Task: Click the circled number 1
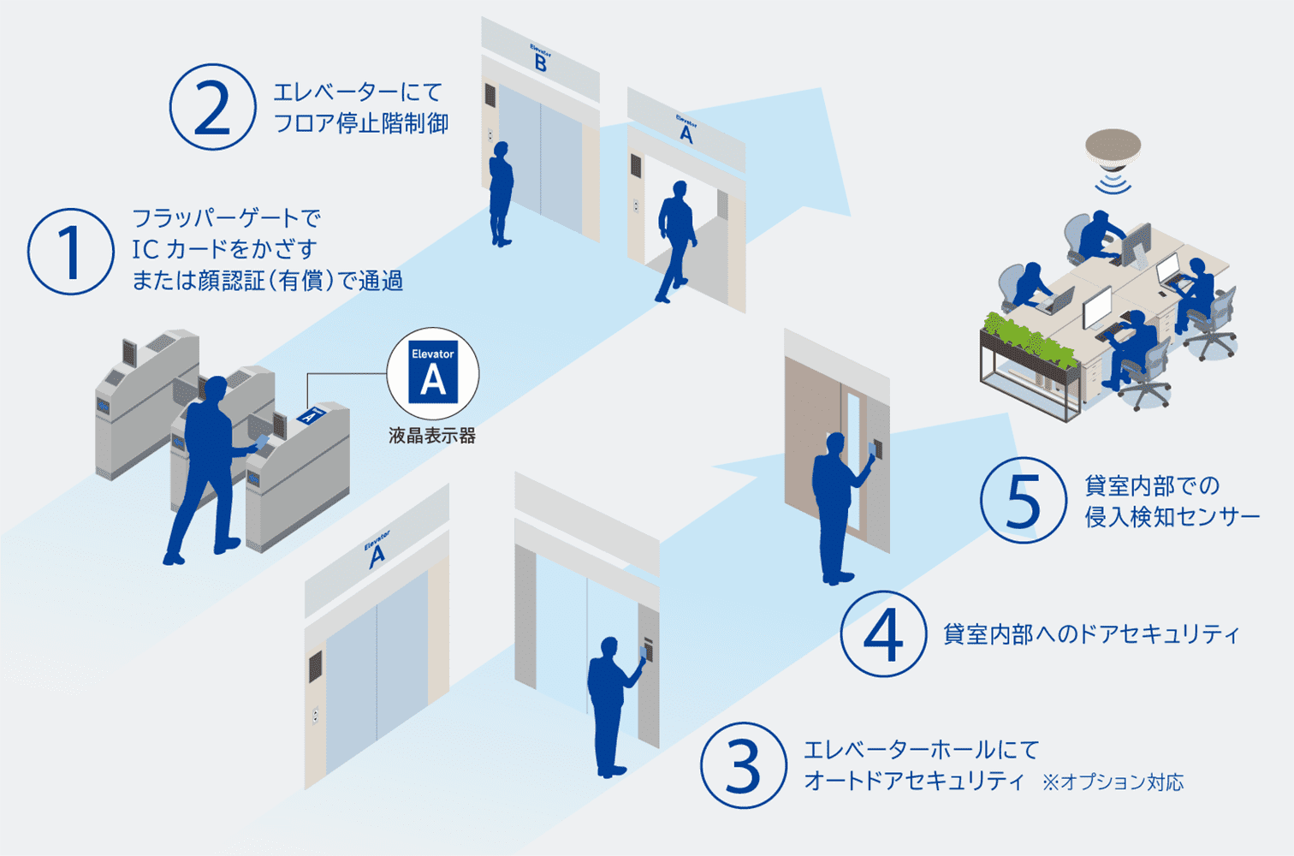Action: click(70, 252)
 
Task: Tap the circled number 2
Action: click(212, 108)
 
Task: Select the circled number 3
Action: click(743, 765)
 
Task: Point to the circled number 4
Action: click(883, 634)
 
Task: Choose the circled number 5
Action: click(1023, 501)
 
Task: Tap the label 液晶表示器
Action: click(432, 436)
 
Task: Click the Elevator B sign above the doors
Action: click(540, 58)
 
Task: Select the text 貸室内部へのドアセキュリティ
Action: click(1090, 634)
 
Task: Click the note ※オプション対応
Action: click(1113, 782)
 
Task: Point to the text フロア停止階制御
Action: click(361, 124)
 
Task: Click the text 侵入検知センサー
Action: click(1172, 517)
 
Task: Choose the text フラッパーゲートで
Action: click(226, 218)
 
